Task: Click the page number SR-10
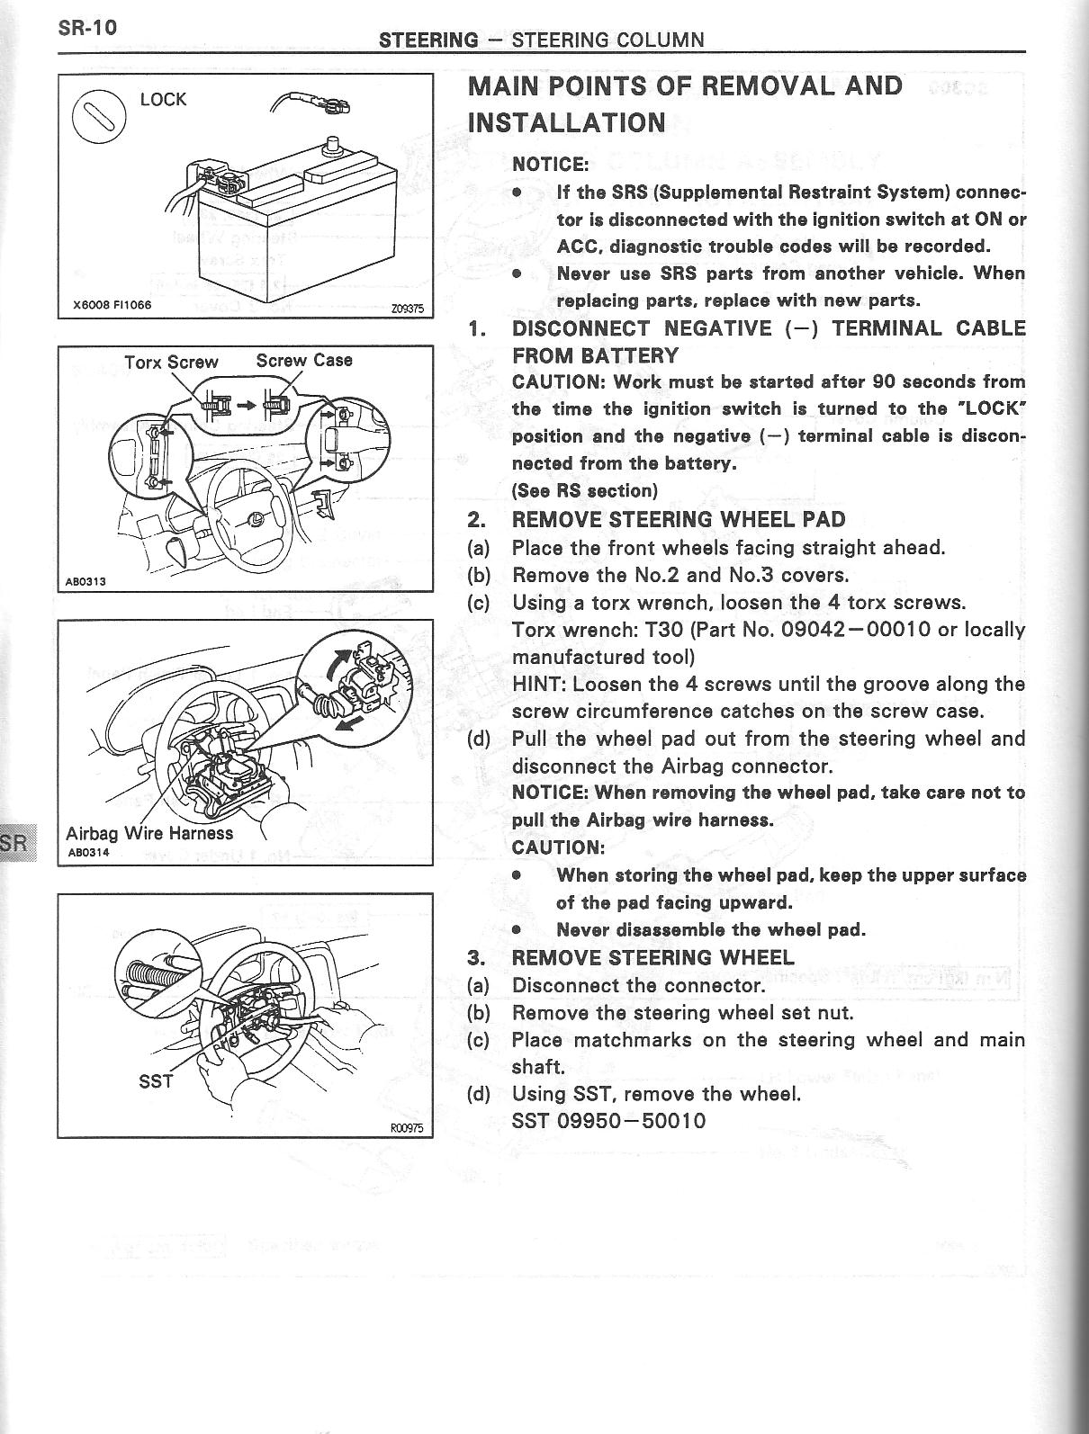(x=87, y=27)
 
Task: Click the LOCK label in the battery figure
(x=163, y=99)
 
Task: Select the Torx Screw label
(x=171, y=362)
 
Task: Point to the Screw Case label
(x=304, y=361)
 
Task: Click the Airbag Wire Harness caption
(x=149, y=833)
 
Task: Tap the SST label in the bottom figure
(x=156, y=1080)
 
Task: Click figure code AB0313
(x=85, y=581)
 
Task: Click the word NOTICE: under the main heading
(x=550, y=164)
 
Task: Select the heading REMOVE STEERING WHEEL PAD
(x=679, y=519)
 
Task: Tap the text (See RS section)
(x=584, y=490)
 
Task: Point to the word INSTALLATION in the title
(x=567, y=122)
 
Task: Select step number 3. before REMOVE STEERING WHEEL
(x=479, y=957)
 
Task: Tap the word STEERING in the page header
(x=428, y=40)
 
